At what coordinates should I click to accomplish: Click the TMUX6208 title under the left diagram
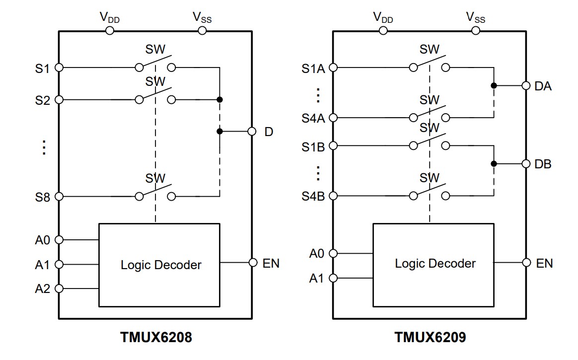point(155,338)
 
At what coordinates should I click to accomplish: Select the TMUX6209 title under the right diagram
point(430,338)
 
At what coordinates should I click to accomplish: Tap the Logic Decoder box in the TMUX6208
point(159,265)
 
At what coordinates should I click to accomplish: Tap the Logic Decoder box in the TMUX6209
point(433,264)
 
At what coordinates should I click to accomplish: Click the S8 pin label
point(42,197)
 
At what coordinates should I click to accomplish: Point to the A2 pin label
point(42,288)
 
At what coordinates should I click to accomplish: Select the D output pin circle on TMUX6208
point(252,132)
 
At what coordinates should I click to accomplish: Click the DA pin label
point(543,86)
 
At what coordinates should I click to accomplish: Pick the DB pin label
point(543,164)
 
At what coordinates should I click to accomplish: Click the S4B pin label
point(313,196)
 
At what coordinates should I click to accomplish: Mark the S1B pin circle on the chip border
point(333,145)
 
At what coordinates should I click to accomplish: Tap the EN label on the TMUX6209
point(544,263)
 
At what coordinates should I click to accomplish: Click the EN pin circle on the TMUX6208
point(253,263)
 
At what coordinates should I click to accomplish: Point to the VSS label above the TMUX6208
point(202,17)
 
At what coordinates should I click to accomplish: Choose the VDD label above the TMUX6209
point(383,17)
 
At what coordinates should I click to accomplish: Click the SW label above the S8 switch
point(155,178)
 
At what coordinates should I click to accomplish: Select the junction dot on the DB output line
point(494,164)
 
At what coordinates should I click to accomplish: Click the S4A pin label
point(313,118)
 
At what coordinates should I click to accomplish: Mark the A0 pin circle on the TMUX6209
point(333,253)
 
